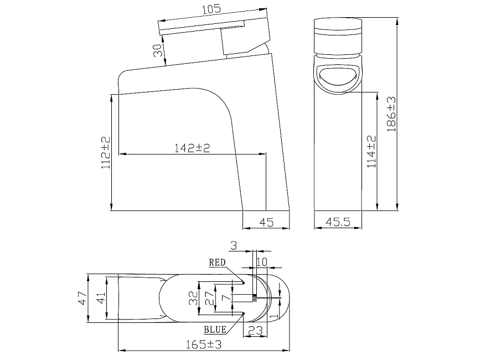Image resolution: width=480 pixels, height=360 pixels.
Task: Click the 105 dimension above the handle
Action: click(x=211, y=9)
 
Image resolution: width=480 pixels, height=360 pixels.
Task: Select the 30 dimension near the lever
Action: click(x=158, y=50)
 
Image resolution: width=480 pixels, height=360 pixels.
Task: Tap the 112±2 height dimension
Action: click(x=106, y=152)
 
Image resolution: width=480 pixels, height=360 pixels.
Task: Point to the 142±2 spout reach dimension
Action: click(x=192, y=148)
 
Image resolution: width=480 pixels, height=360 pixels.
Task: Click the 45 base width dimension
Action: click(x=266, y=222)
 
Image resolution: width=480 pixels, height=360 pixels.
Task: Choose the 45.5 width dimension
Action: click(x=338, y=222)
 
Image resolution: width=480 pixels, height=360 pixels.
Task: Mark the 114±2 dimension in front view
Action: click(x=371, y=152)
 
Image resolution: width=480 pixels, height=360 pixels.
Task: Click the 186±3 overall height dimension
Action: click(x=391, y=114)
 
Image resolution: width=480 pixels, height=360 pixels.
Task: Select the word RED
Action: click(x=218, y=263)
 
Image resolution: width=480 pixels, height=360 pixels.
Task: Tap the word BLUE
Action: click(x=215, y=330)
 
